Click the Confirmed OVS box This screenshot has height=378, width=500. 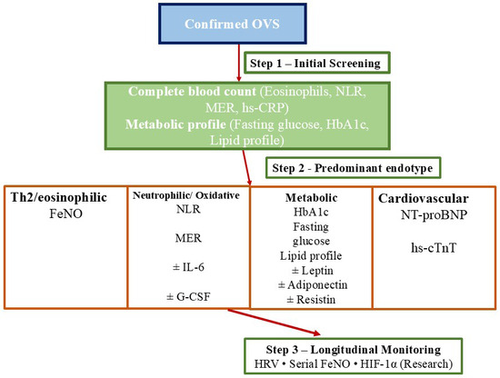233,24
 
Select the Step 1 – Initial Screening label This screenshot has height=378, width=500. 315,63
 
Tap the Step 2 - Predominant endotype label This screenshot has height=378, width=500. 353,167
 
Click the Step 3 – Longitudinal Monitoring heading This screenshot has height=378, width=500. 354,350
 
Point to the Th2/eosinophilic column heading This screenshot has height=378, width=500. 59,197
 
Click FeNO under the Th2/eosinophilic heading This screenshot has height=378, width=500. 65,214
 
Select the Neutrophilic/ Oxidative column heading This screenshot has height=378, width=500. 185,195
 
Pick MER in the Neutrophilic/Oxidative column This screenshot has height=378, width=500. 188,238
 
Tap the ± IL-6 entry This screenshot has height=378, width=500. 188,267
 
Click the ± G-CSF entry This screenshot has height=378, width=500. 188,297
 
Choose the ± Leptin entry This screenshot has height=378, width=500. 312,270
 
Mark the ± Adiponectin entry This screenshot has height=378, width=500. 313,284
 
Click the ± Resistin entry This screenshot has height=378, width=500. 311,300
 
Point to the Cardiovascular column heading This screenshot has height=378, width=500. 423,199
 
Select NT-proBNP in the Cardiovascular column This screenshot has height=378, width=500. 434,214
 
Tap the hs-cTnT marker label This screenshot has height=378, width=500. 434,248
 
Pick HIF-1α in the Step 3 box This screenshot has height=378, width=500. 378,363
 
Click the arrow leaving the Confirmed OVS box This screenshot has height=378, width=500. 239,63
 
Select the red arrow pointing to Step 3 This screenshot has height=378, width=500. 274,322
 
